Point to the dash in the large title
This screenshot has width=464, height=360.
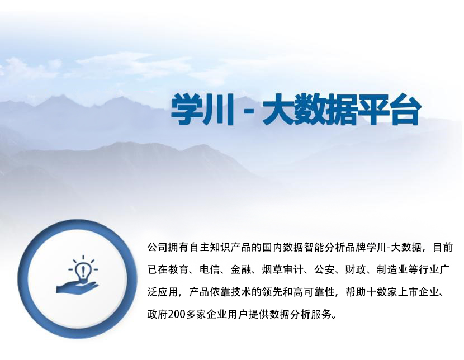(x=249, y=111)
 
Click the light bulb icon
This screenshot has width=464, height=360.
(x=83, y=270)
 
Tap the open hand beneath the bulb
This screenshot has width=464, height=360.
(x=77, y=287)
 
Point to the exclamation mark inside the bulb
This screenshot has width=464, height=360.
(x=83, y=271)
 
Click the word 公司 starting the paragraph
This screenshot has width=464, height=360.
(x=158, y=247)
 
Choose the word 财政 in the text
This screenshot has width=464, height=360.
(x=356, y=270)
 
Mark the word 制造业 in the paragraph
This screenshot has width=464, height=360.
(x=392, y=270)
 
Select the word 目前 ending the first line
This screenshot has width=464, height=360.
(x=443, y=247)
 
